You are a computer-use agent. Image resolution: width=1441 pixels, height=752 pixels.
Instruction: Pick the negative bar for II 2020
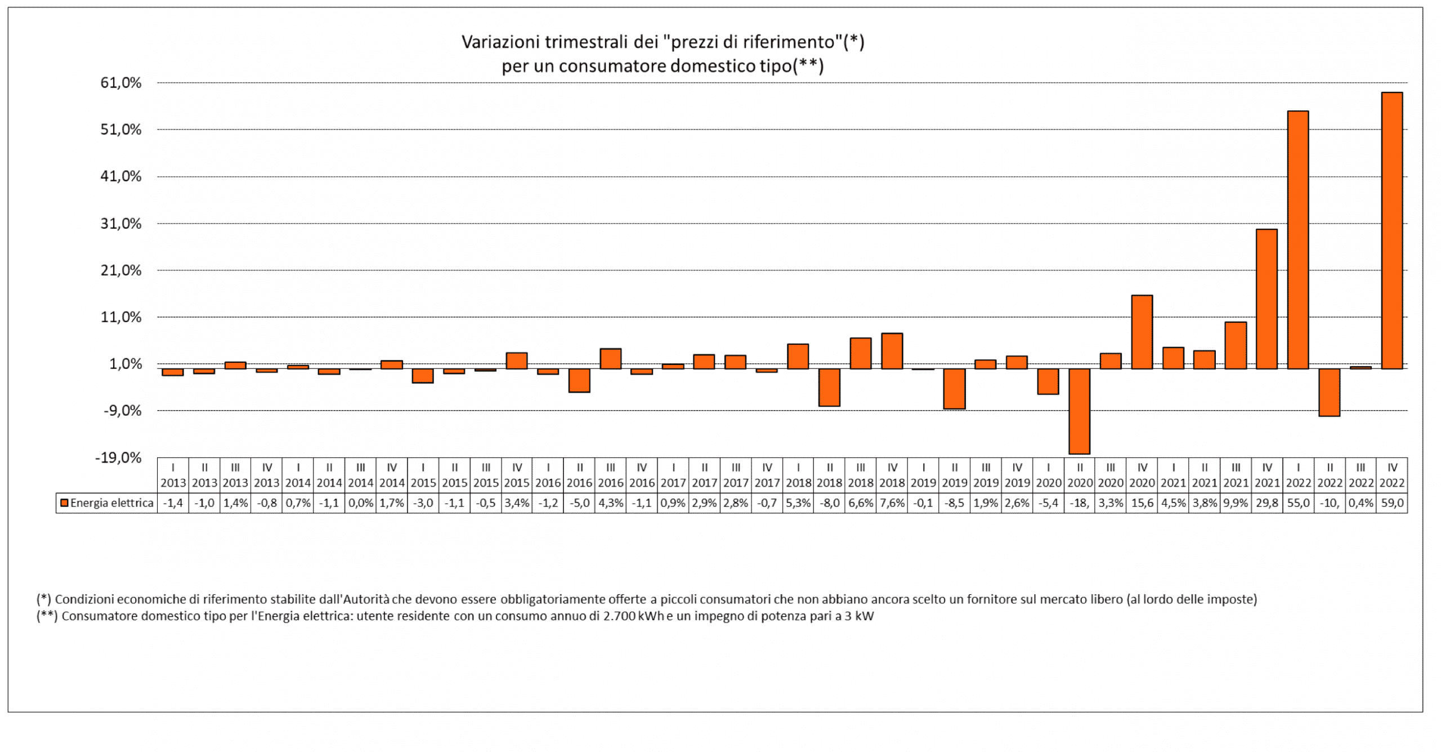[1079, 411]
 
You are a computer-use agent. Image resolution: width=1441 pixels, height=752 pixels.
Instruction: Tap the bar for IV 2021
[1267, 299]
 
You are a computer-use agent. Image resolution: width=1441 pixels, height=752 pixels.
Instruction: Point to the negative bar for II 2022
[1329, 392]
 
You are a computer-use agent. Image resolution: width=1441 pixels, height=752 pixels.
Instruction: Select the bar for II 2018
[829, 387]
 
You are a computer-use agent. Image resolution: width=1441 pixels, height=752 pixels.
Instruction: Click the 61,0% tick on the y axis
[121, 83]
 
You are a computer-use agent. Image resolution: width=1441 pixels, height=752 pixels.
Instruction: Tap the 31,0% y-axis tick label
[121, 224]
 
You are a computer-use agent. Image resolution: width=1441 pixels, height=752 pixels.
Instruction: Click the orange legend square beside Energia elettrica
[64, 503]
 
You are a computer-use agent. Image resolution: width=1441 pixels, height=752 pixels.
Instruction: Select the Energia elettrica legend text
[111, 503]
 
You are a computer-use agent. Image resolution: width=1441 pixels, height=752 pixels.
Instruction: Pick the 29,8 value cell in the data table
[1267, 503]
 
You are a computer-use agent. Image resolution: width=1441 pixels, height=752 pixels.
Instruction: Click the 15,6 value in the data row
[1142, 503]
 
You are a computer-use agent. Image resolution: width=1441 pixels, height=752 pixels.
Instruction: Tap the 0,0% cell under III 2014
[360, 503]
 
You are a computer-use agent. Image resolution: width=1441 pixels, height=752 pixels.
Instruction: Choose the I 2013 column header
[173, 475]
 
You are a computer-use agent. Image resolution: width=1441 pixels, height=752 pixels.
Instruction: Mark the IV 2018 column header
[892, 475]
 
